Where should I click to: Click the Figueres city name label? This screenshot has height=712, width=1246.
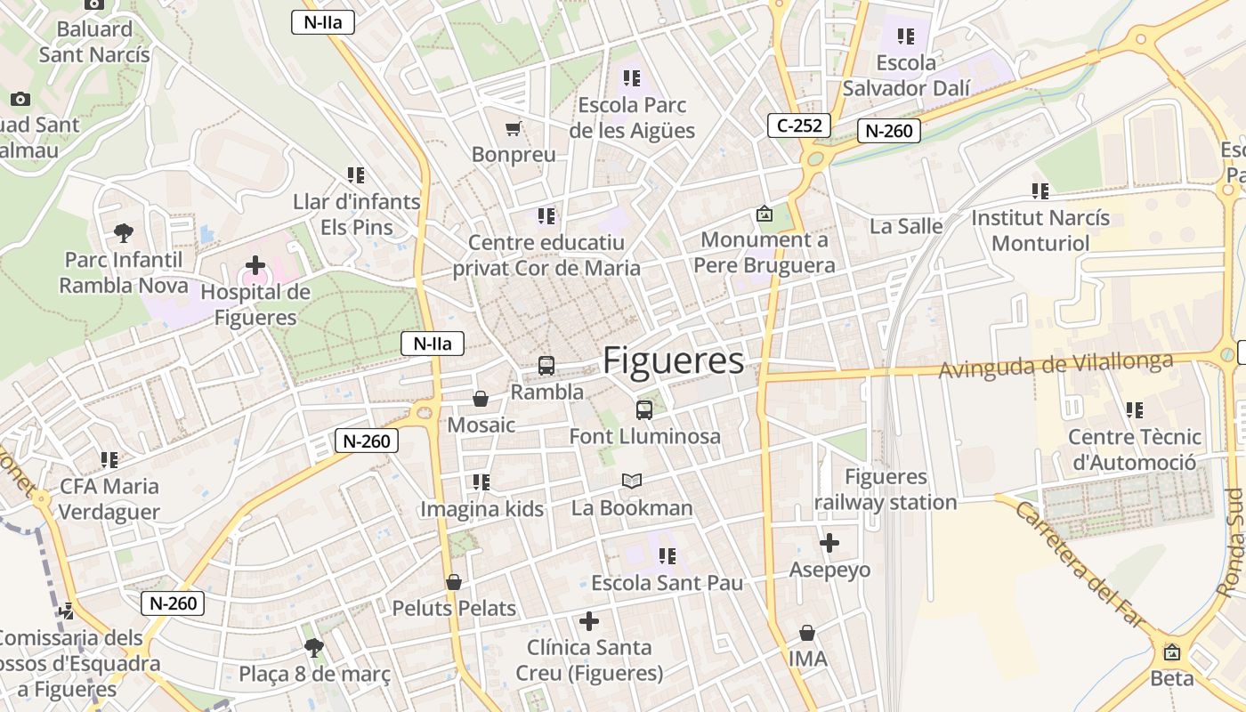pos(673,360)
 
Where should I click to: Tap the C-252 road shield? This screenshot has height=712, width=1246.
pos(799,125)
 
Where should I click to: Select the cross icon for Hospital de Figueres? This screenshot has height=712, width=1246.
pos(255,265)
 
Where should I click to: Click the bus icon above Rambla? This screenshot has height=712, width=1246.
pos(546,365)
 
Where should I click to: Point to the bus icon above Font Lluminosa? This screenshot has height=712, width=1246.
pos(644,409)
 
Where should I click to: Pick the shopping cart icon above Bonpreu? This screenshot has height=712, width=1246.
pos(513,129)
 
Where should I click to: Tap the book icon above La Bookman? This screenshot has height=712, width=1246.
pos(632,481)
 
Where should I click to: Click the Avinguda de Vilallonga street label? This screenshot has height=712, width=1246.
pos(1056,365)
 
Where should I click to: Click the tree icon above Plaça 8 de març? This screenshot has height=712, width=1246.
pos(313,647)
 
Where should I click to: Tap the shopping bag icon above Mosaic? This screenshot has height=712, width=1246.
pos(481,398)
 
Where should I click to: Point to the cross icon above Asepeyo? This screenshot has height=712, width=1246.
pos(829,542)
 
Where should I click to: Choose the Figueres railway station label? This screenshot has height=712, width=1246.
pos(886,489)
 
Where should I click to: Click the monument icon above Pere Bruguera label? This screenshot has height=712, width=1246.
pos(764,214)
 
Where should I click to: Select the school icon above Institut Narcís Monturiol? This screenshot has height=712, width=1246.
pos(1040,190)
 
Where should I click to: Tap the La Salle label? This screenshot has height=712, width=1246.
pos(906,226)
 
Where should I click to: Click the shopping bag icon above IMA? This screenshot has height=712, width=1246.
pos(807,633)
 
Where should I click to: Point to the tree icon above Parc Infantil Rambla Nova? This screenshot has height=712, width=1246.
pos(124,233)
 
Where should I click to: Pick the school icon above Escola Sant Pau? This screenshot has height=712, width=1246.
pos(667,556)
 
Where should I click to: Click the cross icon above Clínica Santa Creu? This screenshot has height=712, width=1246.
pos(589,621)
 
